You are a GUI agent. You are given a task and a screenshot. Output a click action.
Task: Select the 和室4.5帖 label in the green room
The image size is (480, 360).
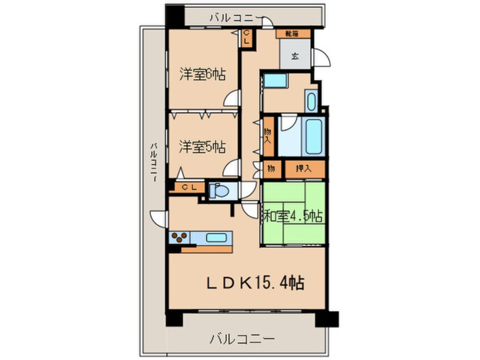293,216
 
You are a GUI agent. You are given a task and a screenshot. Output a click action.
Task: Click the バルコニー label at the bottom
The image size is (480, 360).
242,339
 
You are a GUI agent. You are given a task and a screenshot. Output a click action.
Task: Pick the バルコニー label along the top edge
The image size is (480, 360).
235,18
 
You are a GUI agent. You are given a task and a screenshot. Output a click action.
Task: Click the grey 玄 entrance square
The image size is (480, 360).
296,55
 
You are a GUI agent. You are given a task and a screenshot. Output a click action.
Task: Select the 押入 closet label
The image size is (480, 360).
304,169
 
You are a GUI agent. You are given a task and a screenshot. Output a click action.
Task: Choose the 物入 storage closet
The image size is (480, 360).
268,135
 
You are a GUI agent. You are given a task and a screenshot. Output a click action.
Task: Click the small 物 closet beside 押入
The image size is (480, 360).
272,169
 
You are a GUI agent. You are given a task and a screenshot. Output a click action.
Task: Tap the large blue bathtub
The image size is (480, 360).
314,136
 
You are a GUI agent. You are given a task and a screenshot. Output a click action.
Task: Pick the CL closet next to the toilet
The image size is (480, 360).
190,187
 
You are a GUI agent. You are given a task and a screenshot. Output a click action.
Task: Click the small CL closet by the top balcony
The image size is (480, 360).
246,39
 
